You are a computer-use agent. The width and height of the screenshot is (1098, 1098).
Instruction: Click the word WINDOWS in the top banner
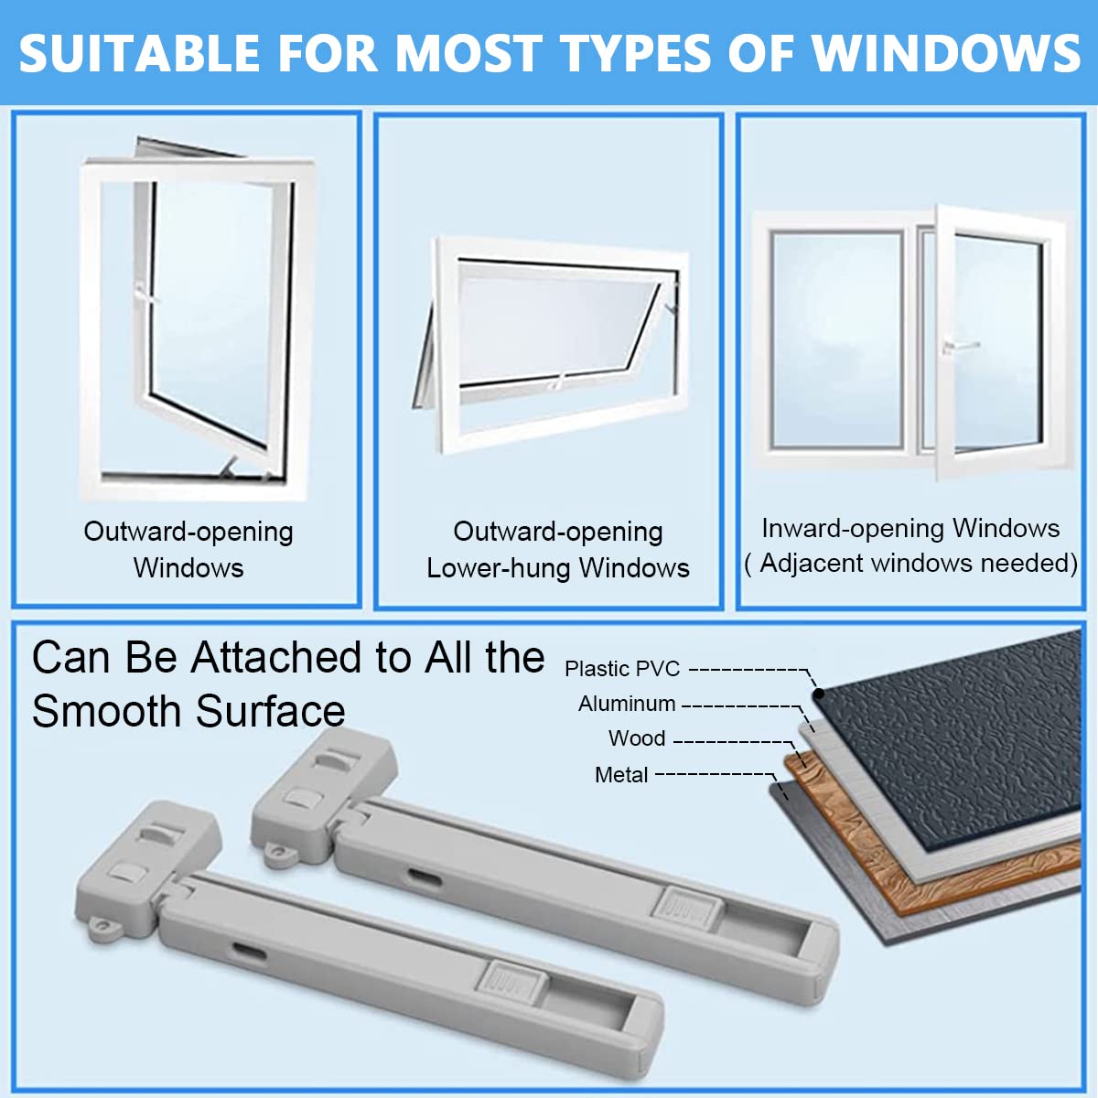tap(945, 53)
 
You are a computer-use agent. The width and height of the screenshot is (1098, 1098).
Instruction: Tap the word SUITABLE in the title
tap(140, 53)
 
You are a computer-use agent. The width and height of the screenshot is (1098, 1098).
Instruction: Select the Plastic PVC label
tap(622, 668)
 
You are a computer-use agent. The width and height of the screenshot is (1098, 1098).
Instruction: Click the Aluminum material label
tap(627, 704)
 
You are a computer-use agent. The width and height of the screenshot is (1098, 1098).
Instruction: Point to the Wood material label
tap(637, 738)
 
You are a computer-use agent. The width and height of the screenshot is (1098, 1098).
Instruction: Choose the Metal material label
tap(621, 775)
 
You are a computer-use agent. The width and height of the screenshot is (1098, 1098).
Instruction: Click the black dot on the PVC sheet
tap(818, 694)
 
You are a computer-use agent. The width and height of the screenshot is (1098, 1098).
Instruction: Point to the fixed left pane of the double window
tap(836, 340)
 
